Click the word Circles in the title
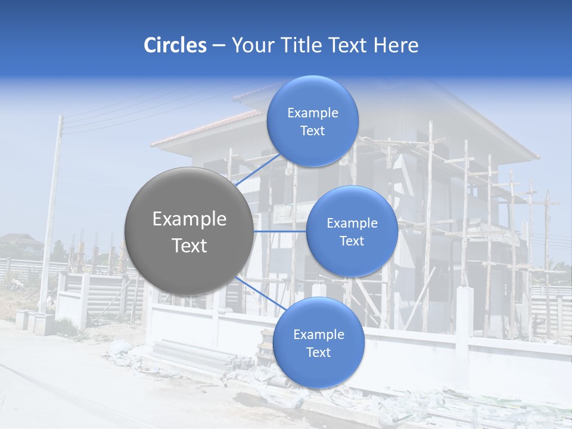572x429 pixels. [175, 45]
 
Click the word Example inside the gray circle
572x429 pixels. [189, 219]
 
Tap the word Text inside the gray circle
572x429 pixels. [189, 245]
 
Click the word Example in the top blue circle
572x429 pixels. [312, 113]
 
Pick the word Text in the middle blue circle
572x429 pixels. [352, 241]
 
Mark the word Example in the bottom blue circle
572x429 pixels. [318, 335]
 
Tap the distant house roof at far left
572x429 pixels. [21, 240]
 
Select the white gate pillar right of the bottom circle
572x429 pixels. [464, 319]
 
